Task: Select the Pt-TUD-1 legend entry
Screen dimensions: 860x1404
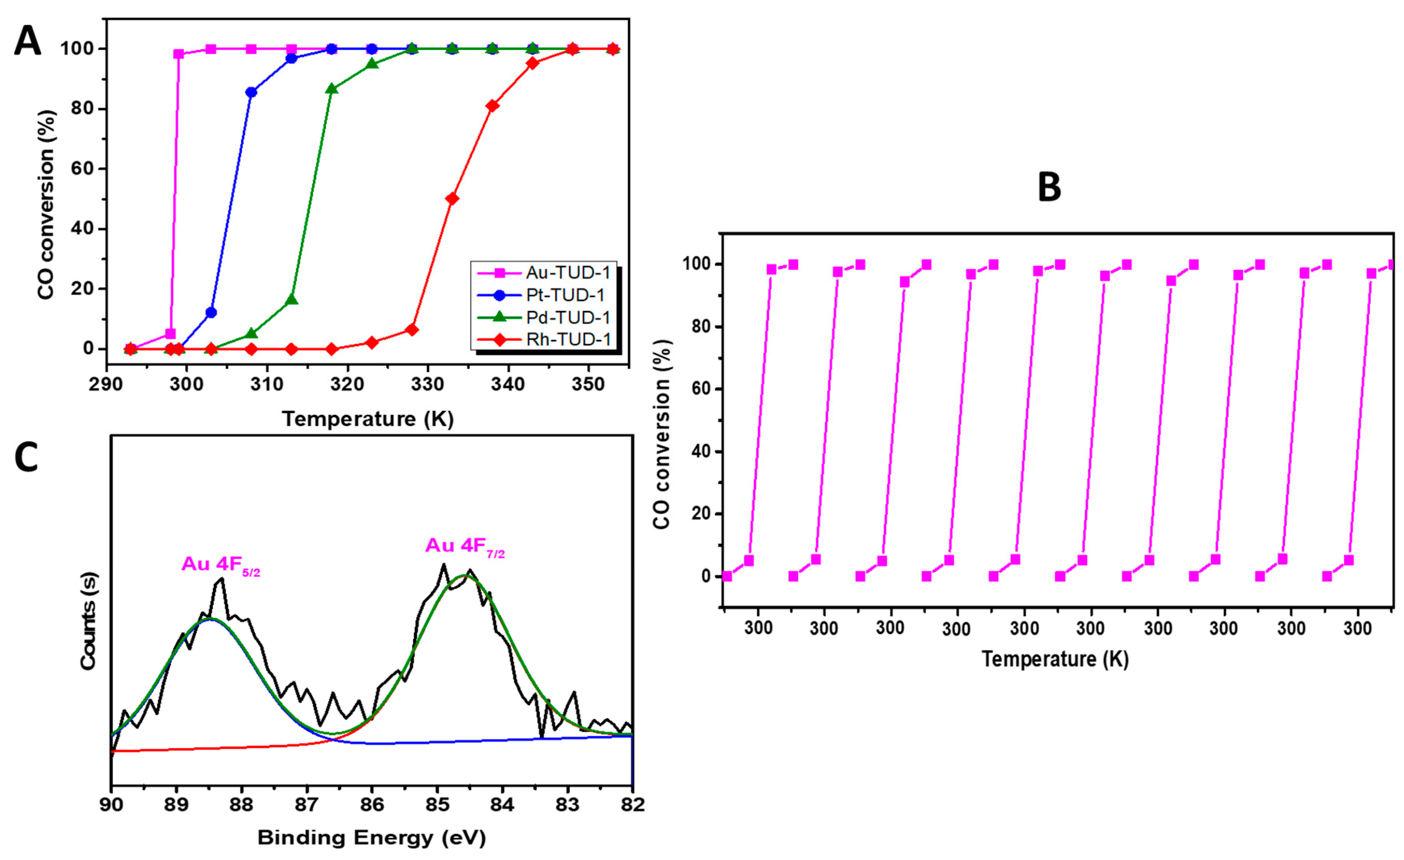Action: point(565,295)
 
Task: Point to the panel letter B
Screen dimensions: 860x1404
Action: point(1049,188)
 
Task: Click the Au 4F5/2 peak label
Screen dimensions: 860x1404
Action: point(220,564)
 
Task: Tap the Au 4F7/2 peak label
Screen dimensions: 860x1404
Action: point(465,546)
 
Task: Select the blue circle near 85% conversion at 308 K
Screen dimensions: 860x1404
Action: point(251,92)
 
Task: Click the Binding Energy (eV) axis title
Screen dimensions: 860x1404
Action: point(371,838)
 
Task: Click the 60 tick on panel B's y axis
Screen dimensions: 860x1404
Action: point(696,390)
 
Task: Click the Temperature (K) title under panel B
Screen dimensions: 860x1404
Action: point(1055,660)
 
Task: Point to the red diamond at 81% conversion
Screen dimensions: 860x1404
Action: point(493,106)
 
